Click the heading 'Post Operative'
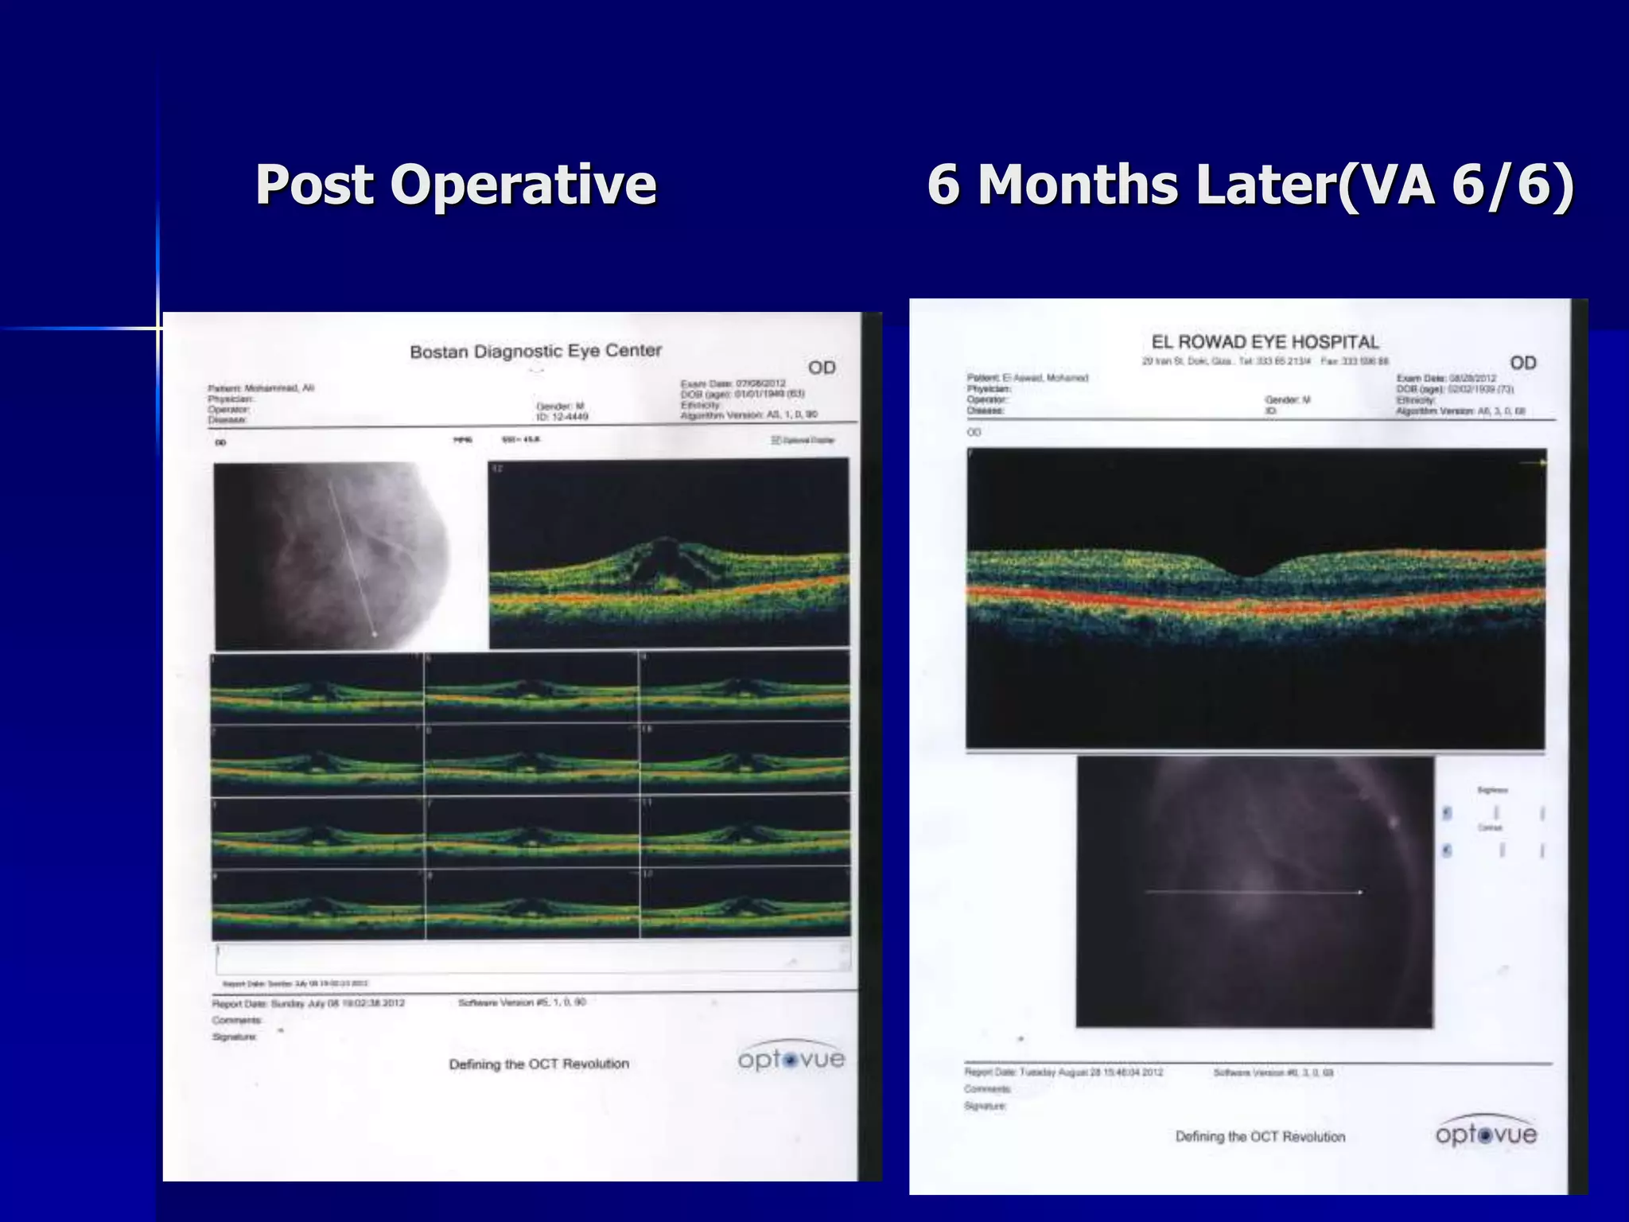[456, 185]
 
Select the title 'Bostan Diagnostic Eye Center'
[535, 351]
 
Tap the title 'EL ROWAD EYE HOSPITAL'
[1265, 342]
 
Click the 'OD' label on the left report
[822, 368]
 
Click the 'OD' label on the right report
[1522, 363]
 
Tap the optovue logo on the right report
[1486, 1133]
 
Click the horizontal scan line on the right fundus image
[1253, 893]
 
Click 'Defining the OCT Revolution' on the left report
[538, 1064]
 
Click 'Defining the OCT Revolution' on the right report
[1260, 1137]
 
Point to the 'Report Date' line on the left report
[309, 1003]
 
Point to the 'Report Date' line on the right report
[1063, 1072]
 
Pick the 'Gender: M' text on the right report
[1288, 400]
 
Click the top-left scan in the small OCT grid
[317, 688]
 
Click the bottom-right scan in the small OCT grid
[745, 904]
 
